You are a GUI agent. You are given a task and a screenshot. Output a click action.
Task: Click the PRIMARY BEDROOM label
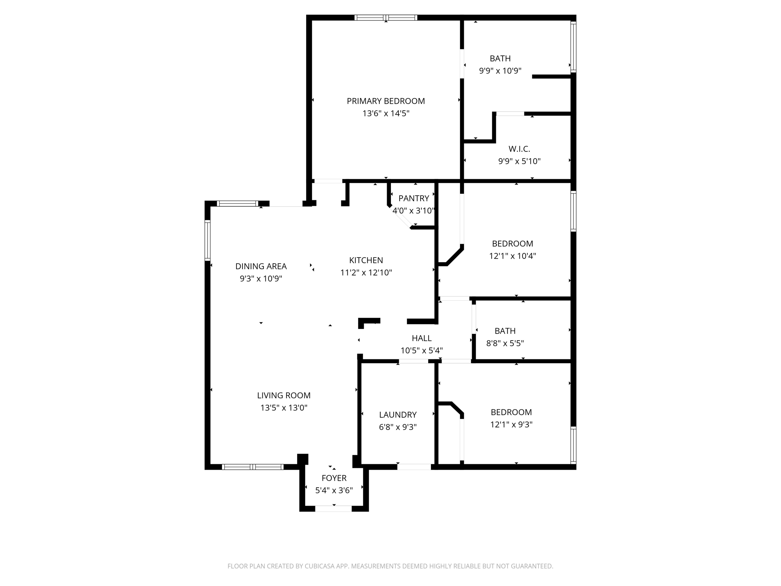(x=386, y=101)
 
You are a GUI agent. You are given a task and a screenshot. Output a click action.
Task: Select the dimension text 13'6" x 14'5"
(x=386, y=113)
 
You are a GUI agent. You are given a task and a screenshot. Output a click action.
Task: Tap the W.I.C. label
(x=519, y=149)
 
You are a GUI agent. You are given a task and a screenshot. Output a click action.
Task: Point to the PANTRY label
(x=414, y=198)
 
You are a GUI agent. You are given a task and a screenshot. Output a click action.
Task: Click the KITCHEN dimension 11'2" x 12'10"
(x=366, y=272)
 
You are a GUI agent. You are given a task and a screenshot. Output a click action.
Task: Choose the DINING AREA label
(x=261, y=266)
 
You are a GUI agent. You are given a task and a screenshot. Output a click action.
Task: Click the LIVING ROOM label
(x=284, y=395)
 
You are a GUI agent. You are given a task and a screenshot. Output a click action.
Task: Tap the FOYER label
(x=334, y=478)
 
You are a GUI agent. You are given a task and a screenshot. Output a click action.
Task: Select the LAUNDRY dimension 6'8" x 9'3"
(x=398, y=427)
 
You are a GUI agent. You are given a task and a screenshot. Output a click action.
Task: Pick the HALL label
(x=421, y=338)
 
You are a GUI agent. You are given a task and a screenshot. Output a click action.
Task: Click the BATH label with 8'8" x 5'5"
(x=505, y=331)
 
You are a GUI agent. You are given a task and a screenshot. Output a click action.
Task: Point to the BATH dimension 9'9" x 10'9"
(x=500, y=71)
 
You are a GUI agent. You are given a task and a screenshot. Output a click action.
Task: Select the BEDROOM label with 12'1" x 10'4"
(x=513, y=243)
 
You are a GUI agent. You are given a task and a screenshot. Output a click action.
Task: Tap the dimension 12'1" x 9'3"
(x=511, y=424)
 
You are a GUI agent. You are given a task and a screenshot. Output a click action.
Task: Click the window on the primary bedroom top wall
(x=386, y=18)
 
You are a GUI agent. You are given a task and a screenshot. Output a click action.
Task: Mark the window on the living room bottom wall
(x=252, y=467)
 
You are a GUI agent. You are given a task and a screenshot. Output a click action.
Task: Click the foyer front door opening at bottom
(x=333, y=509)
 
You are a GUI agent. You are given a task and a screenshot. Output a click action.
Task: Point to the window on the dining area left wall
(x=208, y=240)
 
